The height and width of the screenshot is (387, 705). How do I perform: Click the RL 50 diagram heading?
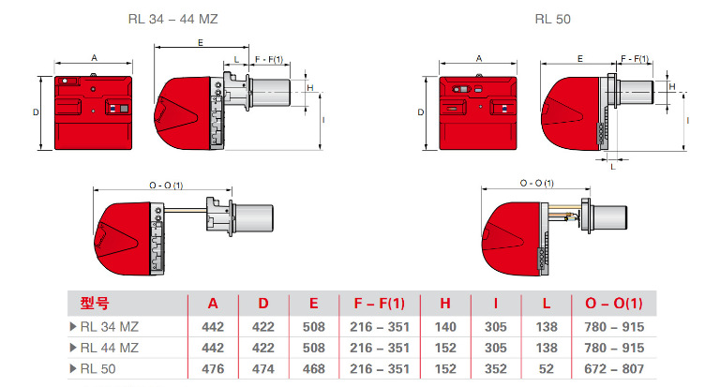pos(553,18)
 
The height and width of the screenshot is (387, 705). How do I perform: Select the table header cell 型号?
pos(96,304)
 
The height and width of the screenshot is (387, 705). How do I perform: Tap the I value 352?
pos(496,368)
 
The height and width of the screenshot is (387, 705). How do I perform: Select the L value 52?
pos(546,368)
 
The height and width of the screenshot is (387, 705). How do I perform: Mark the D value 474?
pos(262,368)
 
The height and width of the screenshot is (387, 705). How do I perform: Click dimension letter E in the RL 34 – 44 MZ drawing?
pos(202,43)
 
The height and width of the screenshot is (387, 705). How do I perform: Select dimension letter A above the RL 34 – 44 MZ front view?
pos(94,57)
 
